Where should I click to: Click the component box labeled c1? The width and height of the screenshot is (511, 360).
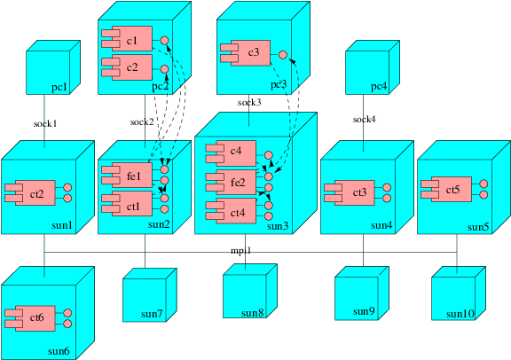tap(129, 41)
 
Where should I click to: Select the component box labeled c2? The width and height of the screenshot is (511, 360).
tap(129, 67)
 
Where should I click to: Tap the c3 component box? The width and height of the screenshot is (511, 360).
tap(248, 54)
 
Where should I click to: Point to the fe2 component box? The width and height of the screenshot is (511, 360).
tap(232, 183)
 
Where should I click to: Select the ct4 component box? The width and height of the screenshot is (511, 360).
tap(232, 212)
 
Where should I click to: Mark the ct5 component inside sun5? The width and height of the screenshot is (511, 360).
tap(449, 189)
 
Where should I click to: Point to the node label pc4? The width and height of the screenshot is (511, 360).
tap(379, 86)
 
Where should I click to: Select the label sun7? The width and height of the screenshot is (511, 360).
tap(152, 313)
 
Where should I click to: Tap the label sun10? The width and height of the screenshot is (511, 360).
tap(460, 313)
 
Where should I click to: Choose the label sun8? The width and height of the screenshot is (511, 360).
tap(253, 313)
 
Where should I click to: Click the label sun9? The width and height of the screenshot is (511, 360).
tap(364, 311)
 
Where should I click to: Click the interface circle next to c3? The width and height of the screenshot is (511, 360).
tap(283, 55)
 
